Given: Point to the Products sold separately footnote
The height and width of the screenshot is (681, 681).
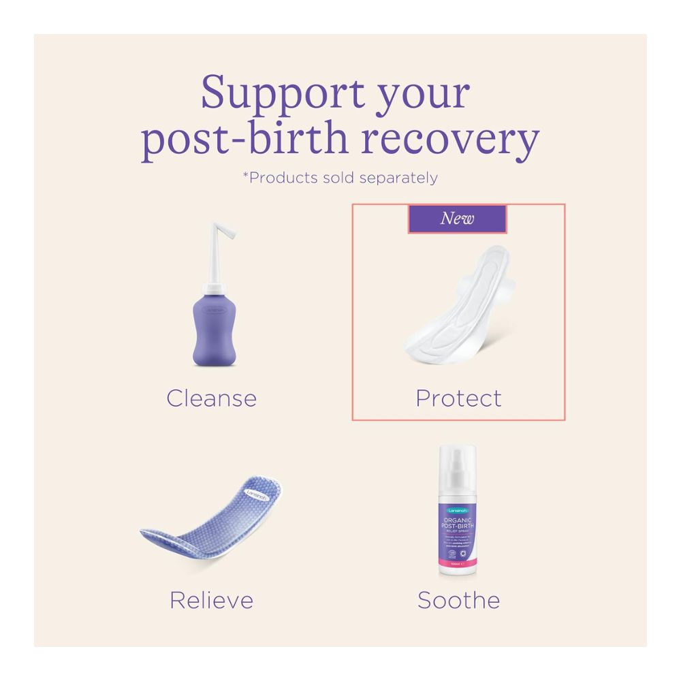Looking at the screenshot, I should click(340, 178).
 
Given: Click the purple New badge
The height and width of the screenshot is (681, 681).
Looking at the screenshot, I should click(457, 219).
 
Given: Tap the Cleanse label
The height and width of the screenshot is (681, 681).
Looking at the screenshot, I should click(211, 398).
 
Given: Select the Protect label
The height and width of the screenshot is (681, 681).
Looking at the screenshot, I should click(458, 398).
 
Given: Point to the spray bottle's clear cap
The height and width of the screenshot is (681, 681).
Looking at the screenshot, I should click(458, 470).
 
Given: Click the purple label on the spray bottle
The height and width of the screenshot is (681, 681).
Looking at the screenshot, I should click(458, 538).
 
